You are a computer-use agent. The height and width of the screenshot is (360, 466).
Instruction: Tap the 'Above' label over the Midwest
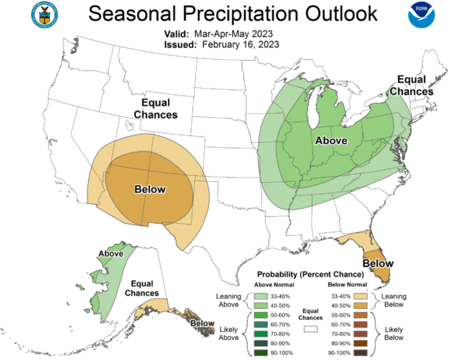pos(331,141)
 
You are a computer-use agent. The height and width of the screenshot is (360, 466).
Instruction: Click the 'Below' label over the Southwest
pos(150,189)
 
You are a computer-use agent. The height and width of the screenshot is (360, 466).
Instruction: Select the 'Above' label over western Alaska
pos(111,253)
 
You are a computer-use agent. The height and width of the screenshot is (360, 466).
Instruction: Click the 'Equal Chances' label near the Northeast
pos(415,85)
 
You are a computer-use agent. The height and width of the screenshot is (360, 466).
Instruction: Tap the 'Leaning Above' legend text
pos(230,300)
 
